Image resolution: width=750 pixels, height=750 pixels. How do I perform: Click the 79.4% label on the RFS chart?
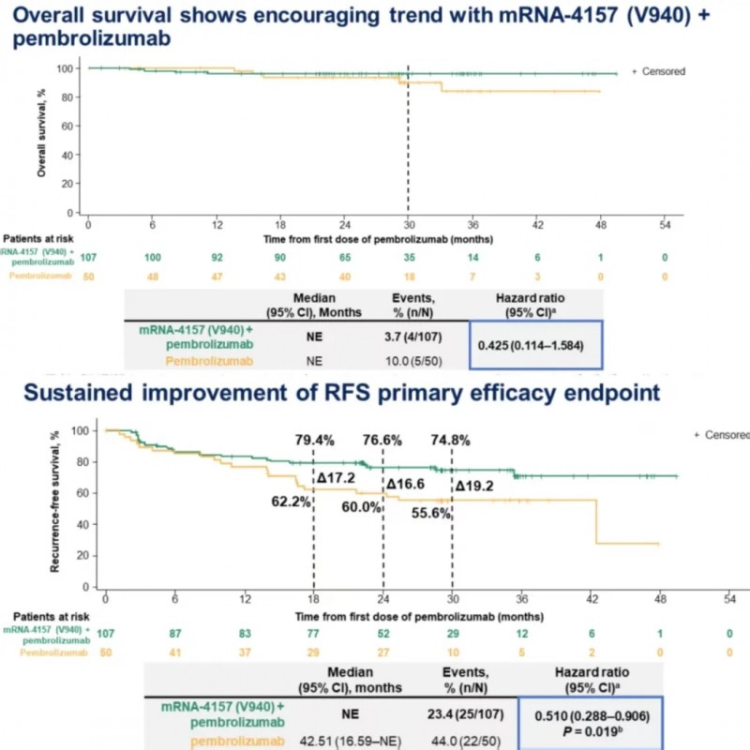[314, 440]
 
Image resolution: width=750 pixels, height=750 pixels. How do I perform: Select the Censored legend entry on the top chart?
[657, 71]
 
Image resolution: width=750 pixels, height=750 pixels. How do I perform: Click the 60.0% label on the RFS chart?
[359, 507]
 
